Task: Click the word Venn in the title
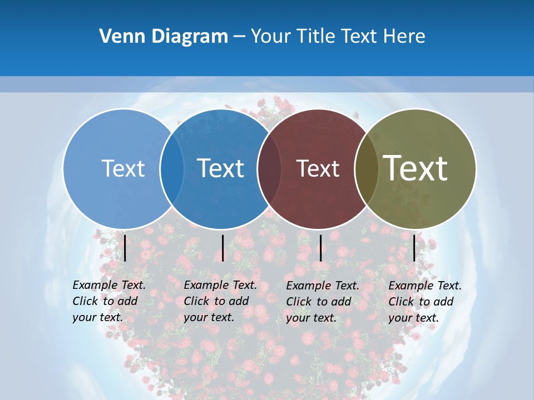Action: click(115, 36)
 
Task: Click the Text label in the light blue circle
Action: click(123, 168)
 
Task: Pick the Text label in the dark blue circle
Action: click(221, 168)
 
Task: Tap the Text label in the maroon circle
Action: click(318, 168)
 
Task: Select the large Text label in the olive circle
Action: click(416, 168)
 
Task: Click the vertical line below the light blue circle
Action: click(125, 248)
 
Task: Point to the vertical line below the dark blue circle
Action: click(222, 248)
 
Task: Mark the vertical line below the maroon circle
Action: click(320, 248)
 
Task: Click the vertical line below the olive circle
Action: click(414, 248)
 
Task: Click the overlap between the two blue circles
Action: click(172, 169)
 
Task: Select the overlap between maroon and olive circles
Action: click(366, 169)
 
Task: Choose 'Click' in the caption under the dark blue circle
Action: click(196, 301)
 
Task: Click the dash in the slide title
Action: click(239, 37)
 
